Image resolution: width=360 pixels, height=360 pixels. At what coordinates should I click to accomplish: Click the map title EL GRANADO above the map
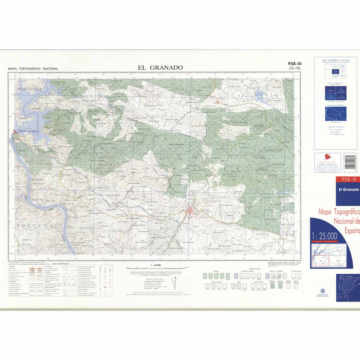pyautogui.click(x=160, y=67)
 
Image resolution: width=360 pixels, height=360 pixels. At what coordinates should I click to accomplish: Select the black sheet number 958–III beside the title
pyautogui.click(x=294, y=64)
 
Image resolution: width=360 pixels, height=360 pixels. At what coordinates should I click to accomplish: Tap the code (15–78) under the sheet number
pyautogui.click(x=294, y=68)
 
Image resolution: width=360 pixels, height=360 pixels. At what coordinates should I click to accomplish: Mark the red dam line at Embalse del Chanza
pyautogui.click(x=16, y=132)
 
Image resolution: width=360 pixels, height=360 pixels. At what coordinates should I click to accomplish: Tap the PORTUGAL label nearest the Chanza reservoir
pyautogui.click(x=30, y=89)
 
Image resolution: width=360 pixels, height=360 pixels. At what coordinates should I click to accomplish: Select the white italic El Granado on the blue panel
pyautogui.click(x=349, y=190)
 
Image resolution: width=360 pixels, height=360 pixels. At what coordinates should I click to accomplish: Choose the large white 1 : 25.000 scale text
pyautogui.click(x=324, y=236)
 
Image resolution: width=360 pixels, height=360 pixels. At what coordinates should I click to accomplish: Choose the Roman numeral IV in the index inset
pyautogui.click(x=338, y=261)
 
